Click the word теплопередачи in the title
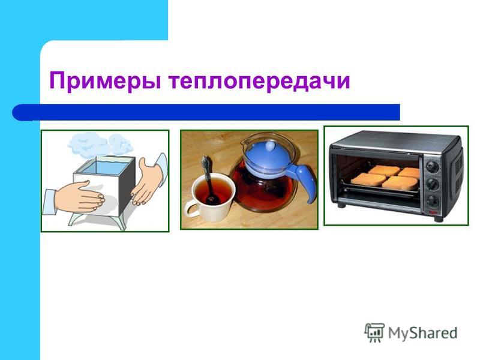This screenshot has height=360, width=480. [259, 81]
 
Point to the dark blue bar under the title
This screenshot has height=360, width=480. [206, 112]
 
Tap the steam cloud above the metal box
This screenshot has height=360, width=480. [100, 145]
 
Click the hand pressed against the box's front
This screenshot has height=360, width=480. [79, 197]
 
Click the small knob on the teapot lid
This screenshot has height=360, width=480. [271, 146]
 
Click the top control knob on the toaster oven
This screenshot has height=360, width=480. [432, 166]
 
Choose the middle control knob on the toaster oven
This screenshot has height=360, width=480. [433, 184]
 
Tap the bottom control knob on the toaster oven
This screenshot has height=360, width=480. [433, 201]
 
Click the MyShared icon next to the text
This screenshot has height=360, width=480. [374, 332]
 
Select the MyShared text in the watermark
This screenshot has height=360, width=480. [423, 333]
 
